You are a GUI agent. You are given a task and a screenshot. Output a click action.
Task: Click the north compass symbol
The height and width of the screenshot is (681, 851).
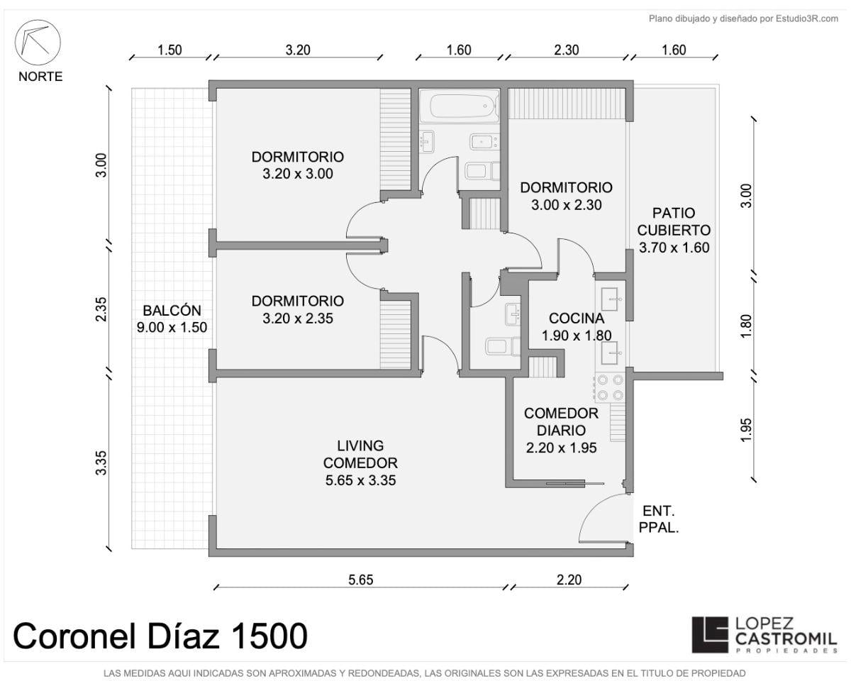click(38, 43)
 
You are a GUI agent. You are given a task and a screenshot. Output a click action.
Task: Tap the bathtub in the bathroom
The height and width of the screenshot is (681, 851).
click(459, 106)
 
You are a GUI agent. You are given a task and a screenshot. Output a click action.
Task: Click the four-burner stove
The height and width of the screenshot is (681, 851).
click(610, 387)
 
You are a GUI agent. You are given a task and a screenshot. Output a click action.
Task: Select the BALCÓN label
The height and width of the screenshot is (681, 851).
click(172, 310)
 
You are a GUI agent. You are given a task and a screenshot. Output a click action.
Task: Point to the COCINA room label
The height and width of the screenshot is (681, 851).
click(576, 318)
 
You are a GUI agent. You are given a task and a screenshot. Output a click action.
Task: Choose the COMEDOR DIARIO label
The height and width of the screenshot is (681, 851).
click(561, 422)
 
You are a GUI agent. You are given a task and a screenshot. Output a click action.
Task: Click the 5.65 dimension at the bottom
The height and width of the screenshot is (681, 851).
click(361, 580)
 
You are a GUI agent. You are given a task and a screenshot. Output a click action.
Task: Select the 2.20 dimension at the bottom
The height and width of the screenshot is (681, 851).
click(569, 580)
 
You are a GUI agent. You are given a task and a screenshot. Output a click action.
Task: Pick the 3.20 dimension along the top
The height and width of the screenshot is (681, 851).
click(298, 50)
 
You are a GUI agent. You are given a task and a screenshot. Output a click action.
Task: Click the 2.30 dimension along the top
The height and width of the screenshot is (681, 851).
click(567, 50)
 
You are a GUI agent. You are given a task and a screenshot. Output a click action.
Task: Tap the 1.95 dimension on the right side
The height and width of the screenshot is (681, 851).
click(746, 430)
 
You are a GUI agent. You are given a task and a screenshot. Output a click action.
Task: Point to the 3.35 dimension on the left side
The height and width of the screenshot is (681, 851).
click(101, 463)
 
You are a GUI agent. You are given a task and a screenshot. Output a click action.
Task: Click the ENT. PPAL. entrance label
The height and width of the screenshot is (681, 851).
click(658, 519)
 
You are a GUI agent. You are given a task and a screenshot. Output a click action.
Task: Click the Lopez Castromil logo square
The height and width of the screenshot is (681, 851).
click(710, 634)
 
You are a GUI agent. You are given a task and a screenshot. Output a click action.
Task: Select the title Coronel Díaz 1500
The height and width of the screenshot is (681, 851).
click(160, 636)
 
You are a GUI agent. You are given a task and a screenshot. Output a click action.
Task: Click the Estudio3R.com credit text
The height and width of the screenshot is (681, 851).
click(743, 18)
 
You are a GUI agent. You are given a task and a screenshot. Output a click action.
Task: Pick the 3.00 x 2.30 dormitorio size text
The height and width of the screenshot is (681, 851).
click(567, 205)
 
